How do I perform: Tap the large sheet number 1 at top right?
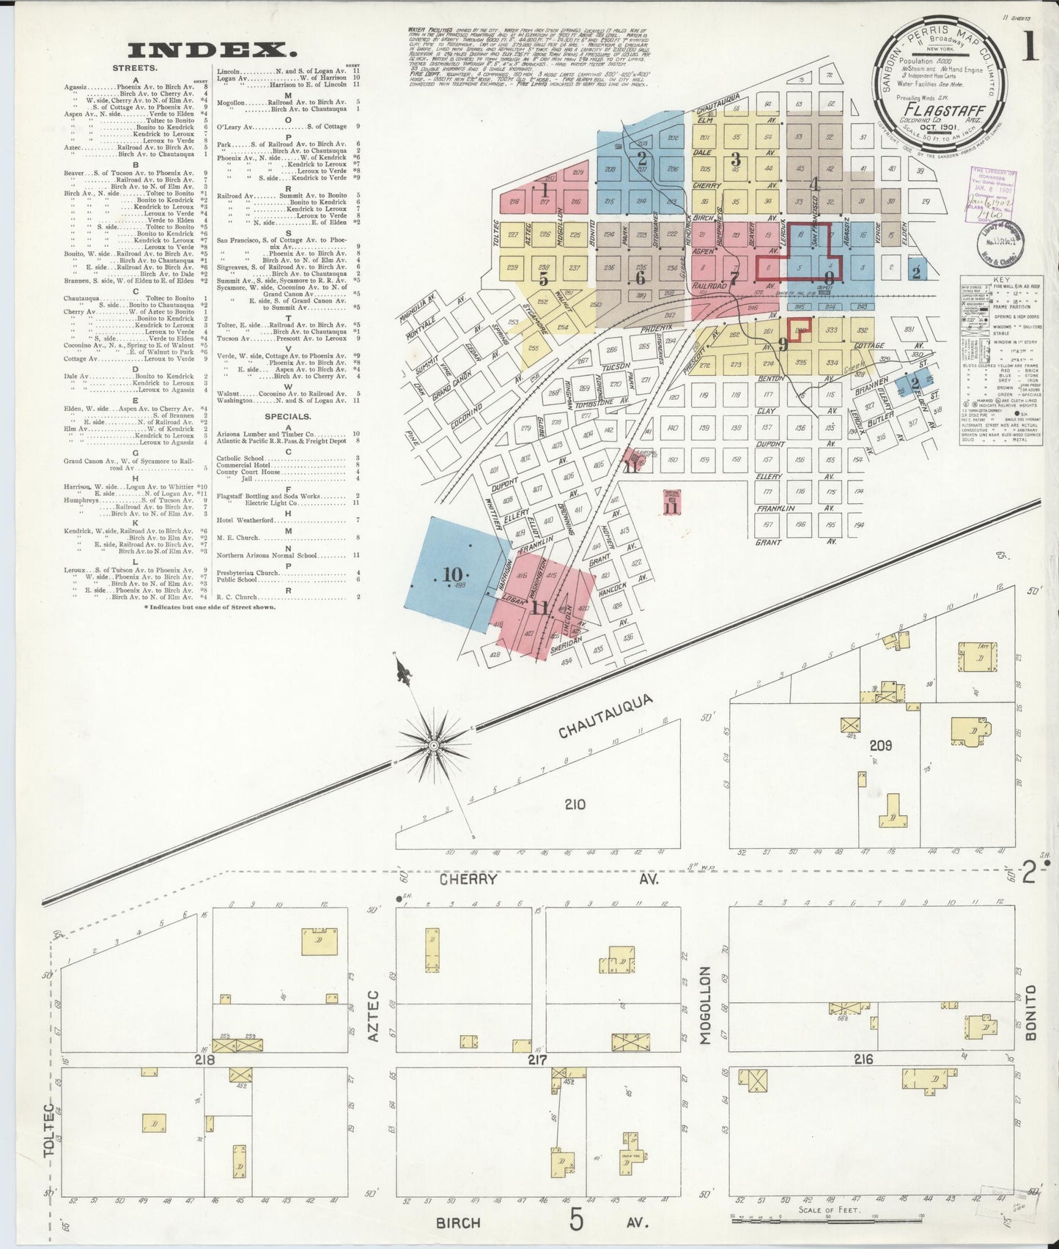pos(1029,48)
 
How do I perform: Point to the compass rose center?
pos(433,745)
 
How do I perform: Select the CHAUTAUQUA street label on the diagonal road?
pos(605,716)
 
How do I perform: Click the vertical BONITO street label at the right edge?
pos(1030,1013)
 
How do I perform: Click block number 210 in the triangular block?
pos(575,804)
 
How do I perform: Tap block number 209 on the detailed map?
pos(880,745)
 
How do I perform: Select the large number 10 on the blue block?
pos(452,575)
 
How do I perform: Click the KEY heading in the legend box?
pos(1001,281)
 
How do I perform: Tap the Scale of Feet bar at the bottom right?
pos(808,1218)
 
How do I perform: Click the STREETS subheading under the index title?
pos(134,68)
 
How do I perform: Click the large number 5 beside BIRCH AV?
pos(578,1220)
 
